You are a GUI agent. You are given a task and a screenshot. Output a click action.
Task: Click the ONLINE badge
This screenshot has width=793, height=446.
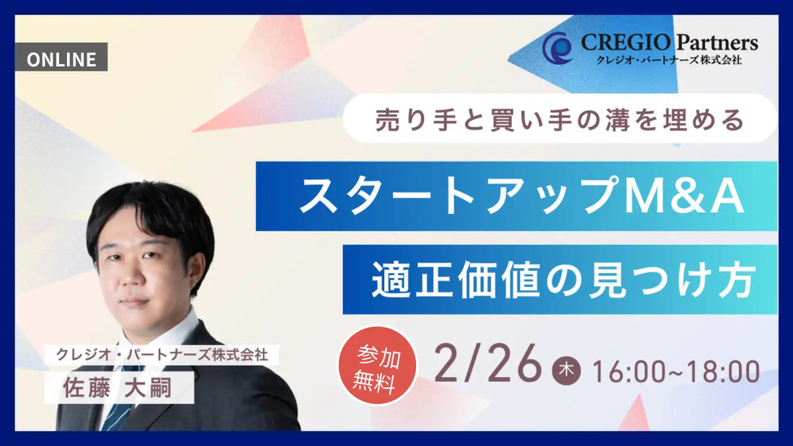[61, 58]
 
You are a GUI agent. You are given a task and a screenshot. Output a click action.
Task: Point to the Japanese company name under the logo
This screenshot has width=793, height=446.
[663, 60]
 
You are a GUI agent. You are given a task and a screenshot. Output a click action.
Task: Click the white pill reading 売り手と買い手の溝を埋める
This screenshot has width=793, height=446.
[559, 118]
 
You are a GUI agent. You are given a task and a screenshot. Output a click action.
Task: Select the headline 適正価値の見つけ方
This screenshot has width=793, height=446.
[562, 280]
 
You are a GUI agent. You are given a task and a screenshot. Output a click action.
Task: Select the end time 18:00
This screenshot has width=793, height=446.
[722, 372]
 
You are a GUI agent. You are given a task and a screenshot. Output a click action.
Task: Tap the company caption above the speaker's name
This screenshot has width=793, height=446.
[161, 354]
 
